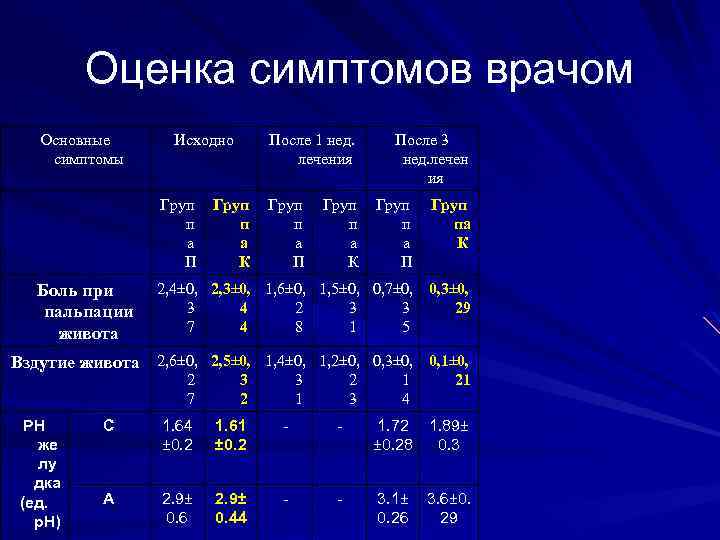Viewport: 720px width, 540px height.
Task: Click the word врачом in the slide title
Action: [559, 71]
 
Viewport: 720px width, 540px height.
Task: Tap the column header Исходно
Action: [203, 141]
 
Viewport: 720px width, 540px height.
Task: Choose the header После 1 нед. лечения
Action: [314, 149]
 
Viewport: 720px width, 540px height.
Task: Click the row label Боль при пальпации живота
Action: [75, 311]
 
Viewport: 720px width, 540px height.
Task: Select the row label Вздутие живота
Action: [75, 363]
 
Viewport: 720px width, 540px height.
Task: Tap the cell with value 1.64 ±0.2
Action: [178, 434]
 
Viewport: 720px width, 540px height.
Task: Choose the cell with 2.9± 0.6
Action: [178, 506]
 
